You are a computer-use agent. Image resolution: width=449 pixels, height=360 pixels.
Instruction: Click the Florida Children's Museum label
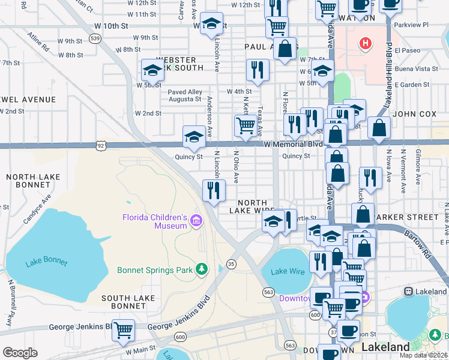(155, 221)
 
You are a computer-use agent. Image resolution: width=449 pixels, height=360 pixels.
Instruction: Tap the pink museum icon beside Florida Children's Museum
(196, 222)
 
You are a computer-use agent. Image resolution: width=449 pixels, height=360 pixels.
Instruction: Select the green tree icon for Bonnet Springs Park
(203, 269)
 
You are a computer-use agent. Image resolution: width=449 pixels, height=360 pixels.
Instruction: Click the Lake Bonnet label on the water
(47, 262)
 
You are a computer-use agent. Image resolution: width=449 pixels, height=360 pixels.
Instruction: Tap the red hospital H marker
(364, 43)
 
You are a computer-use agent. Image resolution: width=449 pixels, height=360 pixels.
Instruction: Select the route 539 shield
(94, 38)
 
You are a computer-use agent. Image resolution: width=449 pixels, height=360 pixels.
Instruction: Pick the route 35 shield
(231, 263)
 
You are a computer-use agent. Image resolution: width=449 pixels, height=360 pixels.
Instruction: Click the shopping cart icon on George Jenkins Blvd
(123, 329)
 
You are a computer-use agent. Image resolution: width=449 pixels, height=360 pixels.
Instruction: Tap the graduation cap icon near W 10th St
(211, 23)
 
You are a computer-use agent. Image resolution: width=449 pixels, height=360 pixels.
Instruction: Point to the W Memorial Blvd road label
(293, 144)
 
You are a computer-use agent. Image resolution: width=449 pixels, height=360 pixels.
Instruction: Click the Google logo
(20, 353)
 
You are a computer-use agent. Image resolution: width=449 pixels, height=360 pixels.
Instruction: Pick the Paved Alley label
(185, 92)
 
